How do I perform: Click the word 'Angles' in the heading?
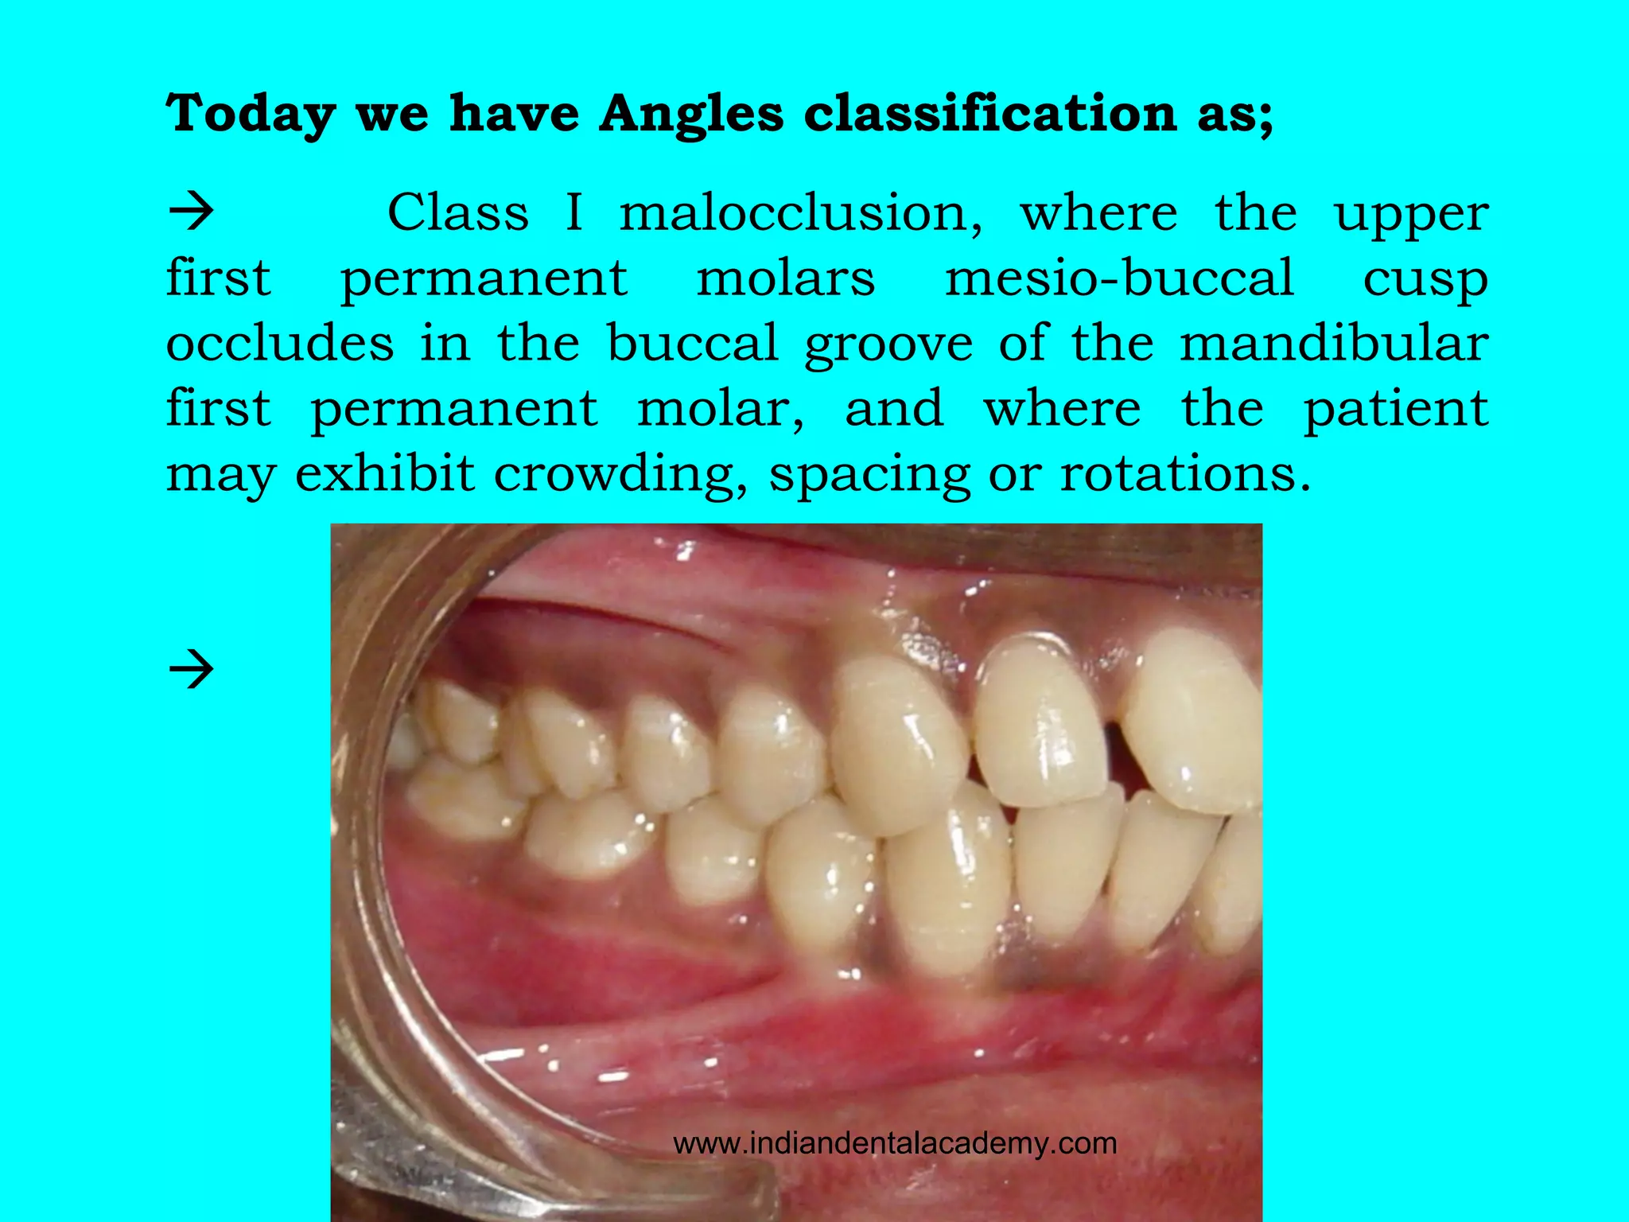pos(691,114)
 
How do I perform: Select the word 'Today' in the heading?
pos(251,114)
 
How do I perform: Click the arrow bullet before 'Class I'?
pos(192,212)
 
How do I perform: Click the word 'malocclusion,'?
pos(801,213)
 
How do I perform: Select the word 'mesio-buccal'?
pos(1119,278)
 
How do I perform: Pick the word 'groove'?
pos(888,344)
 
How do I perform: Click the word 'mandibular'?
pos(1333,343)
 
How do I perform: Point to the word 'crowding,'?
pos(620,475)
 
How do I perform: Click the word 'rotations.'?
pos(1185,473)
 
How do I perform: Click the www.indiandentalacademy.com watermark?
pos(895,1143)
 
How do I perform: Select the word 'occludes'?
pos(280,343)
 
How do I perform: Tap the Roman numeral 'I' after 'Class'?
pos(573,213)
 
